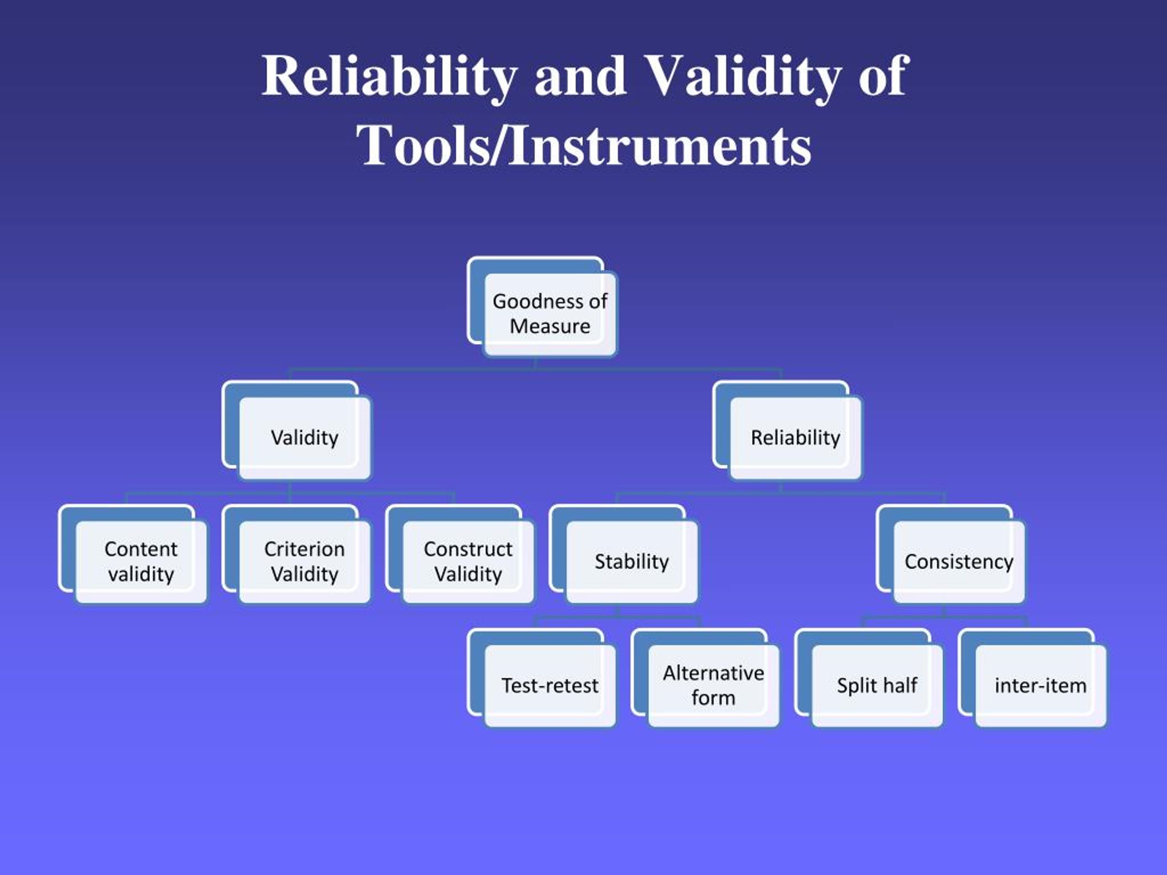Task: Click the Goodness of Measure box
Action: point(550,314)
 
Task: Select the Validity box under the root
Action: point(305,438)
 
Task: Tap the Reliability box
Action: point(795,438)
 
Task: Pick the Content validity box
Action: point(141,562)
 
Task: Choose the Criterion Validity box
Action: point(305,562)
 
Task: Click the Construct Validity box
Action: point(468,562)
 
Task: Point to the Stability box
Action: point(631,562)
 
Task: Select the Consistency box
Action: point(959,562)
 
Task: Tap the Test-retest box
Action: point(550,686)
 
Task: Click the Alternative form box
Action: point(713,686)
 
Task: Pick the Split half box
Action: point(877,686)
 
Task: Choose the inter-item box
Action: point(1040,686)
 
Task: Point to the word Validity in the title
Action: point(743,77)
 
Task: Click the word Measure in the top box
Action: point(550,326)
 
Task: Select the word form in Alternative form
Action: point(713,698)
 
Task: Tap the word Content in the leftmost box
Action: point(141,549)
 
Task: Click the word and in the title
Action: point(580,77)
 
